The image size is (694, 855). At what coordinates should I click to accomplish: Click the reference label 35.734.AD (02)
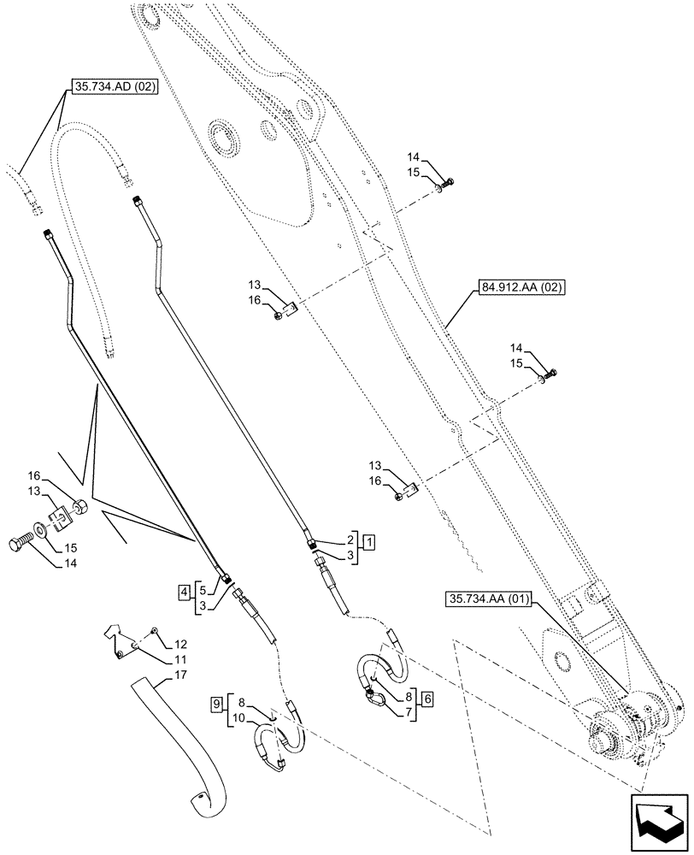(x=110, y=86)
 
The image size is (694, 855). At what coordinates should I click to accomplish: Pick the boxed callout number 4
(x=184, y=589)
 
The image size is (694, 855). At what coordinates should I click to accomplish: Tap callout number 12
(x=179, y=643)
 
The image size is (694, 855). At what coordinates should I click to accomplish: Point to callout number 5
(x=199, y=589)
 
